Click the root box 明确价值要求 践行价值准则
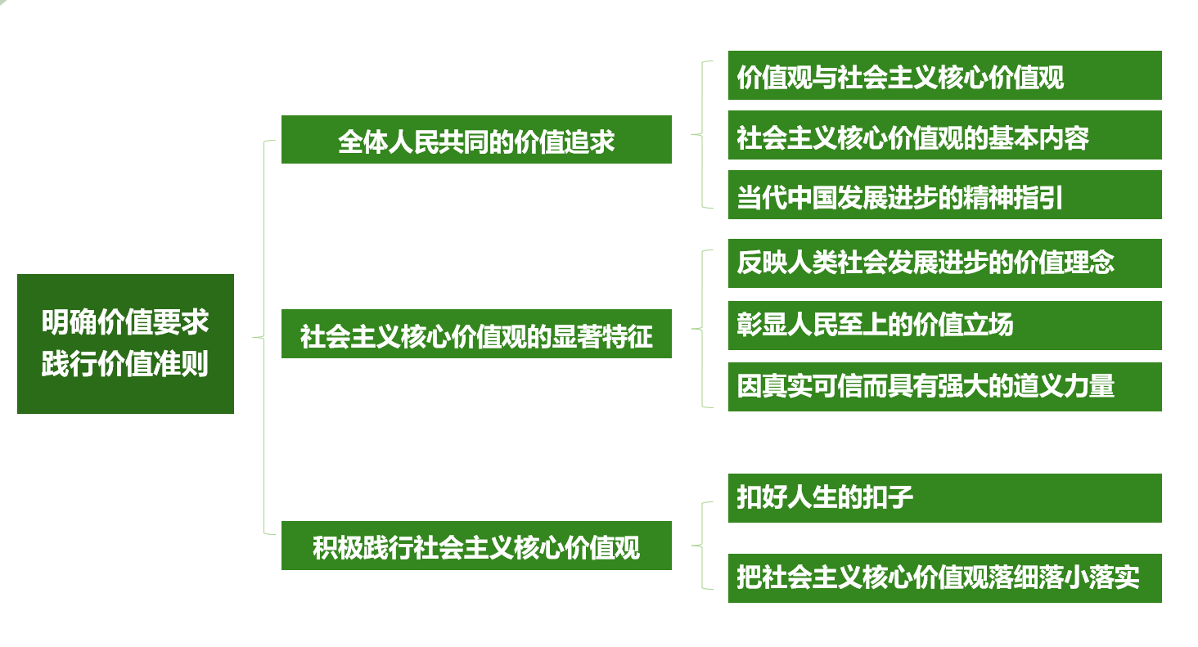[125, 344]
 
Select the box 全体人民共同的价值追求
[476, 140]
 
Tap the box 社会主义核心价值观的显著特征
[476, 334]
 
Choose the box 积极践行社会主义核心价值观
[476, 546]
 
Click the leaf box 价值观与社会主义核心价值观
[944, 76]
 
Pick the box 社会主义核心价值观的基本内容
[944, 136]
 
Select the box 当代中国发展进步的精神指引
[944, 195]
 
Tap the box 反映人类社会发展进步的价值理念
[944, 263]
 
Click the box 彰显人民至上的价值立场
[944, 326]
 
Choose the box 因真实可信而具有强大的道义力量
[944, 386]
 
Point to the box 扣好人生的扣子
[944, 498]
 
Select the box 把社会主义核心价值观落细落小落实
[944, 578]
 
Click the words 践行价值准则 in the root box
[125, 364]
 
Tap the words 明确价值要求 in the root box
[125, 322]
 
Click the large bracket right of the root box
[263, 337]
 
